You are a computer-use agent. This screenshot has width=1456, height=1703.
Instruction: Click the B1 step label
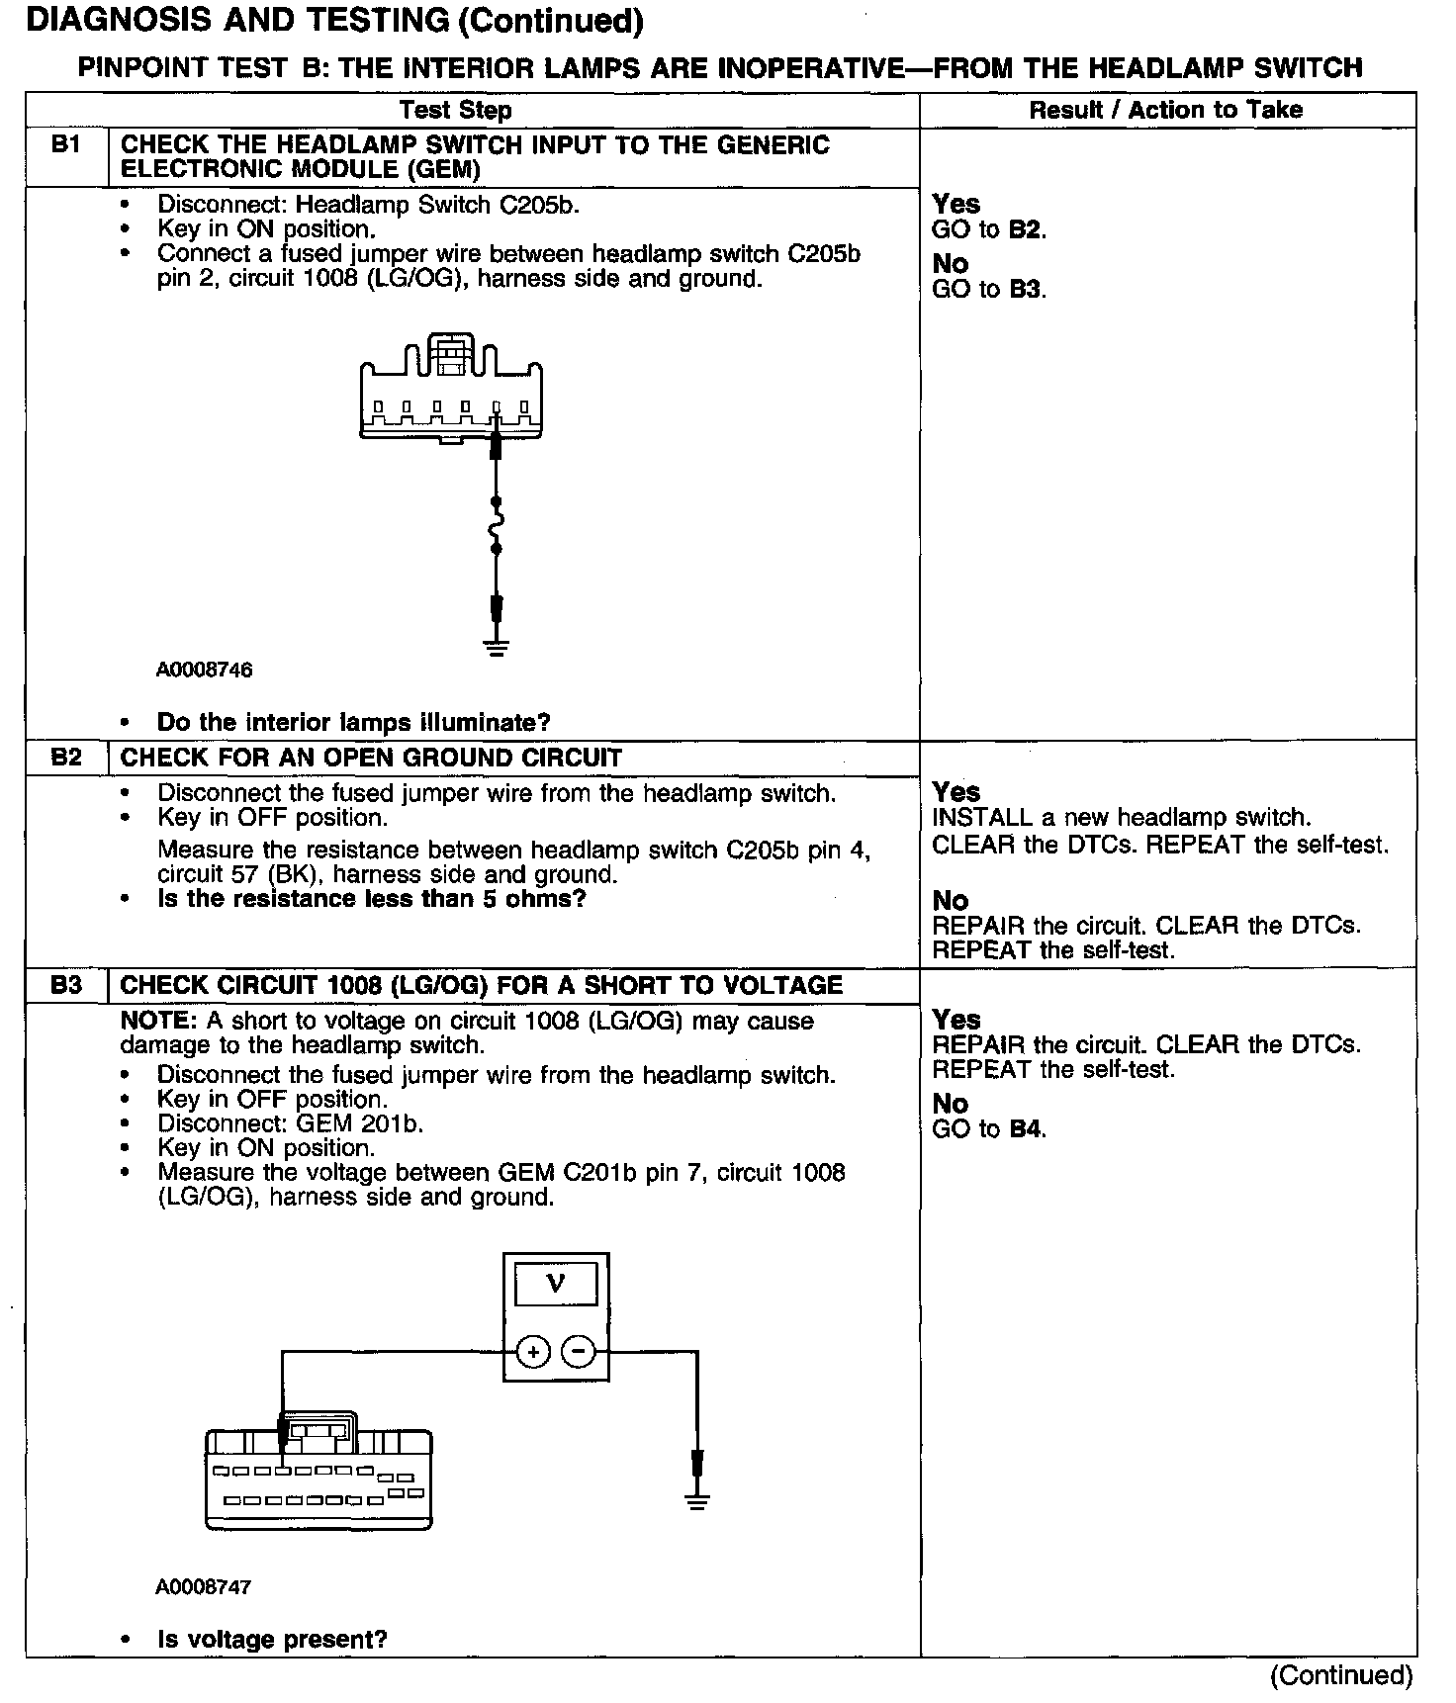click(x=65, y=145)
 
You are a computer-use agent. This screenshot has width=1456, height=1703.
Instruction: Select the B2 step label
click(x=65, y=759)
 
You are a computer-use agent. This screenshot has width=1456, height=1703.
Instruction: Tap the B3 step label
click(x=65, y=986)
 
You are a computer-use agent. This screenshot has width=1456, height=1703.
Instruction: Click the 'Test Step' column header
click(x=456, y=110)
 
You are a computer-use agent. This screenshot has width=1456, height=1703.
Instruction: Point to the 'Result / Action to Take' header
click(x=1166, y=110)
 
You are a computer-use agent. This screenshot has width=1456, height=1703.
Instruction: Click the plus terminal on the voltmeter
click(x=533, y=1351)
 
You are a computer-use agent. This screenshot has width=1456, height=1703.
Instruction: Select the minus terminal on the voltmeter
click(x=579, y=1351)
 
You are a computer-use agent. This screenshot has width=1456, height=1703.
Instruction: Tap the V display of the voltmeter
click(x=556, y=1285)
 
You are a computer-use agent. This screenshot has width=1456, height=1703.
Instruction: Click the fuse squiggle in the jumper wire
click(x=497, y=524)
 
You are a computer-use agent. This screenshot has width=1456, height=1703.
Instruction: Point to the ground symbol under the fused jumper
click(x=497, y=649)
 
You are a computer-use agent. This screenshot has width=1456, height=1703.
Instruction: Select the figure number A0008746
click(x=204, y=671)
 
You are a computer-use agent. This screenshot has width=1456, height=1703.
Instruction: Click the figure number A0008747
click(x=204, y=1587)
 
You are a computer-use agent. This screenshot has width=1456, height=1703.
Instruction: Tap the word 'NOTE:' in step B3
click(x=158, y=1022)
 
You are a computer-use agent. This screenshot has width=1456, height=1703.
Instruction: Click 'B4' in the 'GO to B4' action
click(x=1026, y=1129)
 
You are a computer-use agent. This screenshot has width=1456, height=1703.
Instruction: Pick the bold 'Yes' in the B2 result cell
click(x=956, y=792)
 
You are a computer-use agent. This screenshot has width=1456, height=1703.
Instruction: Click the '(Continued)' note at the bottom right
click(x=1342, y=1675)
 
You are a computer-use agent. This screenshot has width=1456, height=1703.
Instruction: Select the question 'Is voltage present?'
click(x=272, y=1640)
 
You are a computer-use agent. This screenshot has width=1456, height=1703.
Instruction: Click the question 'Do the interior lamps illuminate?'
click(x=353, y=723)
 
